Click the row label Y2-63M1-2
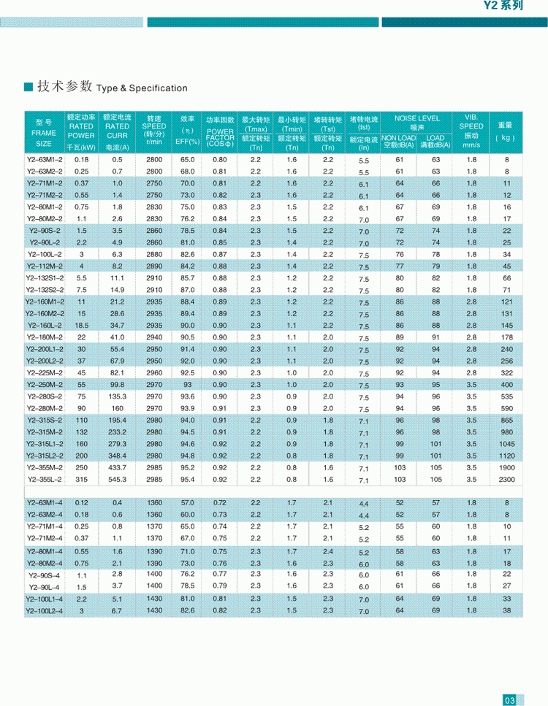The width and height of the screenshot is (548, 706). click(x=45, y=159)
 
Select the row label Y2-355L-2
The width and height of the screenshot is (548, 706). click(x=45, y=480)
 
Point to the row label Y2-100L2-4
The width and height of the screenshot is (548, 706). click(x=45, y=610)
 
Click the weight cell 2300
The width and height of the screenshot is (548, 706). click(x=506, y=480)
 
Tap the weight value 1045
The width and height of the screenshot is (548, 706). click(x=506, y=444)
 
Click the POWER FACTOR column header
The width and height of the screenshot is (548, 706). click(x=220, y=132)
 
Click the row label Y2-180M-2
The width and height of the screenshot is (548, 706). click(x=45, y=337)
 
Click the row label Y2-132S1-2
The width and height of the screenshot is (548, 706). click(x=45, y=278)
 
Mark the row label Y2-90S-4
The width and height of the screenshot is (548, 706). click(x=45, y=575)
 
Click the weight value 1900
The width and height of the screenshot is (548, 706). click(x=506, y=468)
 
